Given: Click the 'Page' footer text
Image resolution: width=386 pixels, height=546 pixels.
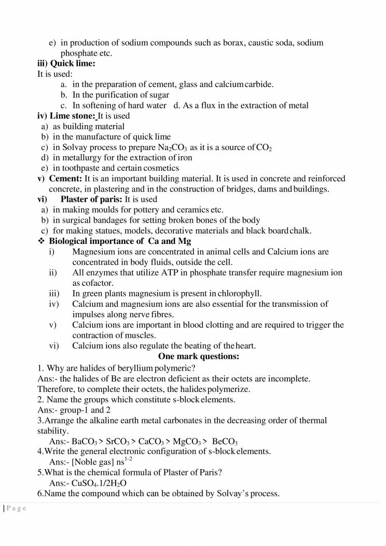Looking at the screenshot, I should click(x=17, y=509).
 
